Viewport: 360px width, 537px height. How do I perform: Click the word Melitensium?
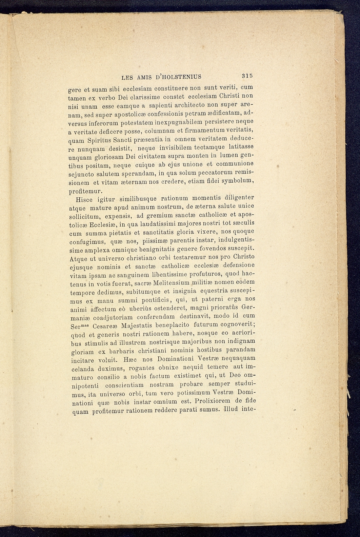(171, 283)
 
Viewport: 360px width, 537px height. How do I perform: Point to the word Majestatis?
(132, 326)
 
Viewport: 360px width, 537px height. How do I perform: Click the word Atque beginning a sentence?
(79, 258)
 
